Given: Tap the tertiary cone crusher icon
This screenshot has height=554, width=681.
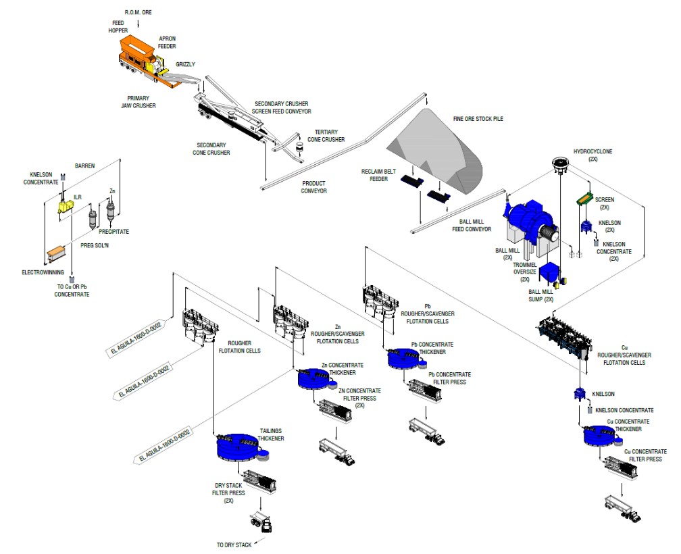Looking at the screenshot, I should pos(302,145).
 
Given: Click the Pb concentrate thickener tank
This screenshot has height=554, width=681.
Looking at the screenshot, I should pos(405,359).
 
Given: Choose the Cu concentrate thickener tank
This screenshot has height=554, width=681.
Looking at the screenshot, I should pos(603,435).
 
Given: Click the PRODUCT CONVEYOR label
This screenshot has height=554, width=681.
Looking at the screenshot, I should pos(314,187).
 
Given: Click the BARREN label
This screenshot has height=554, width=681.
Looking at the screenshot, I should pos(84,164).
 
